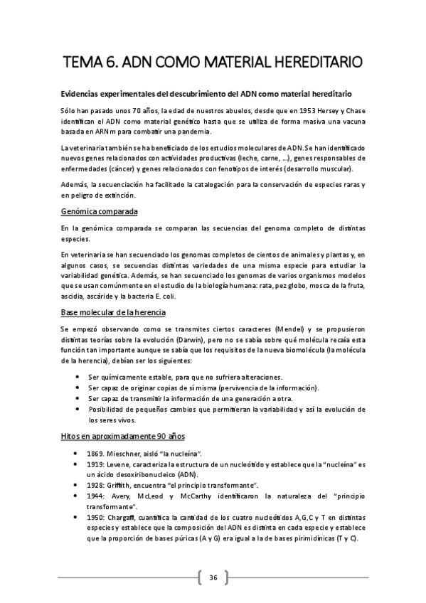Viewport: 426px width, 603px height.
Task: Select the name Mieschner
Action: pos(134,454)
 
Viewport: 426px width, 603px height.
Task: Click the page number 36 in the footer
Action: pos(213,577)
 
